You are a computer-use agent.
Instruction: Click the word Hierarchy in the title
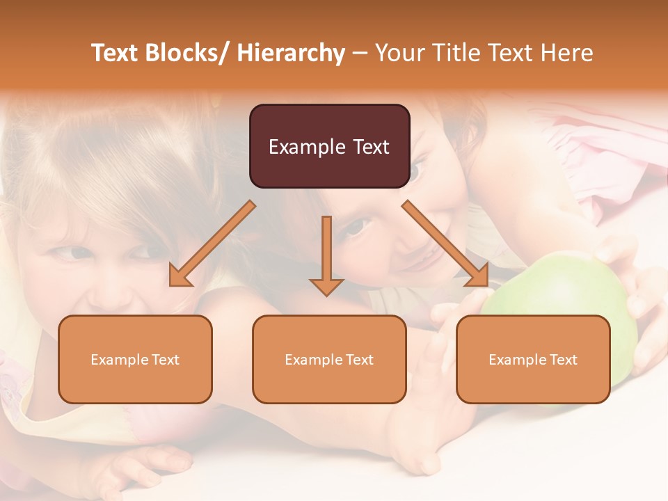(x=292, y=53)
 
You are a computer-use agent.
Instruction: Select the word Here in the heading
(x=566, y=53)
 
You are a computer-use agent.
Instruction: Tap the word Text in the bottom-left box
(x=166, y=360)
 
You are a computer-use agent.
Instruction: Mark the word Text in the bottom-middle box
(x=360, y=360)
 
